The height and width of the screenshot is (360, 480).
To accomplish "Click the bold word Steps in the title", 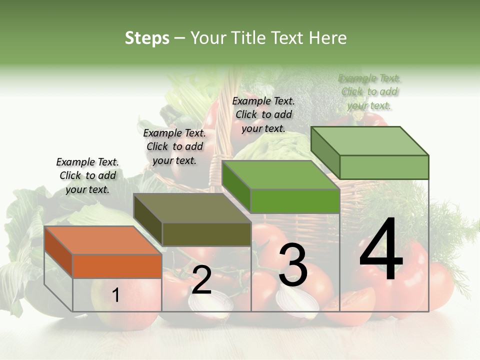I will click(x=147, y=38).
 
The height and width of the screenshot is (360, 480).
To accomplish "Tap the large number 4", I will click(x=381, y=250).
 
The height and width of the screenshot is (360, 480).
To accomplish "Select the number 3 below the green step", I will click(x=292, y=265).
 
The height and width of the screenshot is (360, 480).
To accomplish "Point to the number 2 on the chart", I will click(x=201, y=280).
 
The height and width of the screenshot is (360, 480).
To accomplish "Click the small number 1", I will click(x=115, y=295).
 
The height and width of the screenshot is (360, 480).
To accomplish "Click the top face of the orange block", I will click(x=103, y=240).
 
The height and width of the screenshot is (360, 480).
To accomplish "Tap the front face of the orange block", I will click(x=117, y=266).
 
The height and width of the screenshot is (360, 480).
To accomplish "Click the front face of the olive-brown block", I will click(x=206, y=234).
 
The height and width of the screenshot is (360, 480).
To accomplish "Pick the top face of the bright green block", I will click(x=280, y=175).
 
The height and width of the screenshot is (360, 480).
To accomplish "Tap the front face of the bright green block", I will click(x=295, y=201).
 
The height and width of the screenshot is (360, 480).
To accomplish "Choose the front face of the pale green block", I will click(x=384, y=167).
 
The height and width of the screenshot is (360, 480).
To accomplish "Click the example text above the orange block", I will click(x=87, y=175).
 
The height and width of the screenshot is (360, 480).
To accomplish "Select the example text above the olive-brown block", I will click(x=174, y=146).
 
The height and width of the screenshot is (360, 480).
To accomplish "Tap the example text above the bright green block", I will click(x=263, y=114).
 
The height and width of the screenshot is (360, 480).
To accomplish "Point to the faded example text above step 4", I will click(x=369, y=91).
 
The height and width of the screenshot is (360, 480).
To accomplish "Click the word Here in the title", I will click(x=329, y=38).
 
